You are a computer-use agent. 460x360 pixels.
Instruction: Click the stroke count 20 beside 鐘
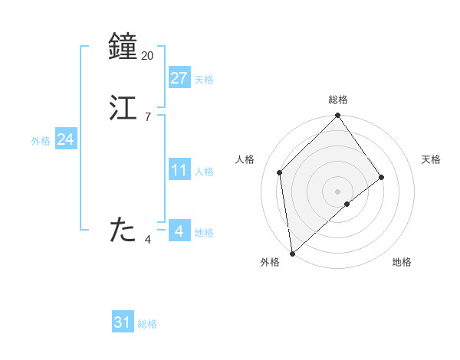[147, 56]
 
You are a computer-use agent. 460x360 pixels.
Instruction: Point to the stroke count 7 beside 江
[147, 116]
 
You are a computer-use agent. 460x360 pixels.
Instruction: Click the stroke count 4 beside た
[147, 240]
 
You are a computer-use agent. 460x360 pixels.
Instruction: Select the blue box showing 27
[179, 77]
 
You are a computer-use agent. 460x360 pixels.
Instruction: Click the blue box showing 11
[179, 170]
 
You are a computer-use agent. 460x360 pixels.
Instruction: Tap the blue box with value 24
[66, 139]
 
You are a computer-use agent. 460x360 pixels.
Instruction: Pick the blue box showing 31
[123, 322]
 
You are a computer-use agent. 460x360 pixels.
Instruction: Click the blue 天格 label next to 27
[204, 80]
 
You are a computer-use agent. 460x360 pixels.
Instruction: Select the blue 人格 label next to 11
[204, 172]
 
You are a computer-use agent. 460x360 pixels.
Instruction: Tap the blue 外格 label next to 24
[41, 141]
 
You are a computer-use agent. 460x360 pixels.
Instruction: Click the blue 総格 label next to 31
[147, 325]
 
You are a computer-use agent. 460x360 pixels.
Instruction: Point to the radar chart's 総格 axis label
[338, 100]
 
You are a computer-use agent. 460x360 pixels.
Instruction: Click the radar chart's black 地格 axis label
[402, 263]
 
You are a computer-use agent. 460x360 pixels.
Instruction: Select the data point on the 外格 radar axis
[292, 254]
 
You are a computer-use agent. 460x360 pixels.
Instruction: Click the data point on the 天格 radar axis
[382, 178]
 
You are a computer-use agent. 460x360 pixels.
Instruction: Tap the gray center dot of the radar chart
[338, 191]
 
